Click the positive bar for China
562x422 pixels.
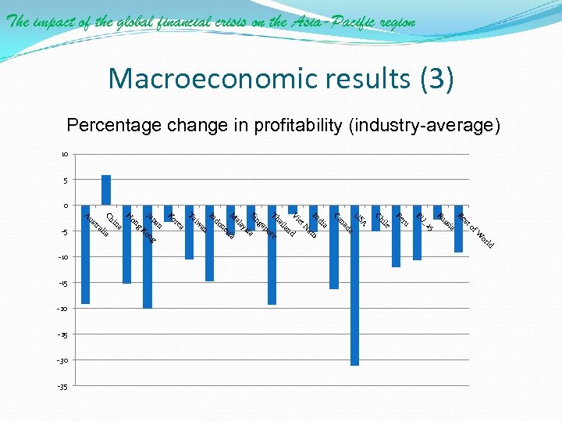[x=106, y=190]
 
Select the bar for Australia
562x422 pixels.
[x=85, y=254]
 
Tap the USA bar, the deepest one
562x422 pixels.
[x=355, y=285]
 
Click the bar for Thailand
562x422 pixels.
[x=272, y=255]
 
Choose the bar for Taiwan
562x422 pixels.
[x=189, y=232]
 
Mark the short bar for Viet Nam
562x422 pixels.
[x=293, y=209]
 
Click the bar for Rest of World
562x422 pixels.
[x=459, y=228]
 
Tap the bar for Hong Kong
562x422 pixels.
[x=127, y=244]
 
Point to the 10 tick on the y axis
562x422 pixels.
[x=66, y=154]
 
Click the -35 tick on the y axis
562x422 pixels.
[x=63, y=387]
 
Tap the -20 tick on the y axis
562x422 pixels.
[x=63, y=309]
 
